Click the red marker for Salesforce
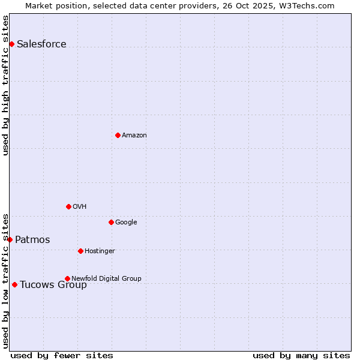11,44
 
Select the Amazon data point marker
118,135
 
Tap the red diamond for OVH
68,206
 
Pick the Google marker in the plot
111,222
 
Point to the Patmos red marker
10,239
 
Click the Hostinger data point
80,251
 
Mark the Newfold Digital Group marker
67,278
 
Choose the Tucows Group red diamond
14,284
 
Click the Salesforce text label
41,44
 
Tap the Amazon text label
134,135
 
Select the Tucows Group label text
53,285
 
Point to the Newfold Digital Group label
106,278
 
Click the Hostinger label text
100,251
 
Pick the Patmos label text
32,240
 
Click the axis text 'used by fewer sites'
62,355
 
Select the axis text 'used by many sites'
301,355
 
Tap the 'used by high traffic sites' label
5,85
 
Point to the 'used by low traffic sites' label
5,280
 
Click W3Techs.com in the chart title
310,5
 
